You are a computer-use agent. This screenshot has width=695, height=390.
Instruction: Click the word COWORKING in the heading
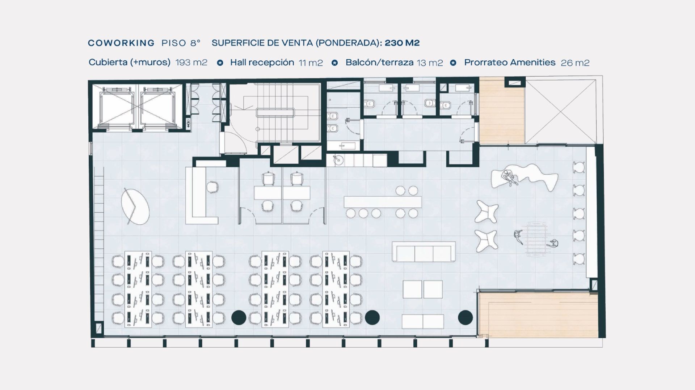(121, 43)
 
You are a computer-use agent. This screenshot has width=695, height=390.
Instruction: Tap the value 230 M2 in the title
(402, 43)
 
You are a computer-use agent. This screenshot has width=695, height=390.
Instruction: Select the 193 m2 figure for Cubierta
(191, 63)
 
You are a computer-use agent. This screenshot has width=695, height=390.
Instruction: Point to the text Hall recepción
(262, 63)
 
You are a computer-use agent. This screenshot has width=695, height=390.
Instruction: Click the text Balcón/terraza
(379, 63)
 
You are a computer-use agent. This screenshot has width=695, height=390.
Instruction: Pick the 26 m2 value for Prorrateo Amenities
(575, 63)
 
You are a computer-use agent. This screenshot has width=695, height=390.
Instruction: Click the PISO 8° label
(181, 43)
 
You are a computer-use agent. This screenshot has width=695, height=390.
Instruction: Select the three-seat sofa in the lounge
(424, 251)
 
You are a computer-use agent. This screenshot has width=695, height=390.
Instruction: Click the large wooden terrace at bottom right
(537, 314)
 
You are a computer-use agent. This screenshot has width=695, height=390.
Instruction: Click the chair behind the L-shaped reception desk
(212, 187)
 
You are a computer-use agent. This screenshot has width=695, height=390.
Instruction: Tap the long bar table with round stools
(383, 202)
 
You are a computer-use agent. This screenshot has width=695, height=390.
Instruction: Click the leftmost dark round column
(239, 318)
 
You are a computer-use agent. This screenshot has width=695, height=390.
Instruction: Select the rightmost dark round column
(466, 318)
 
